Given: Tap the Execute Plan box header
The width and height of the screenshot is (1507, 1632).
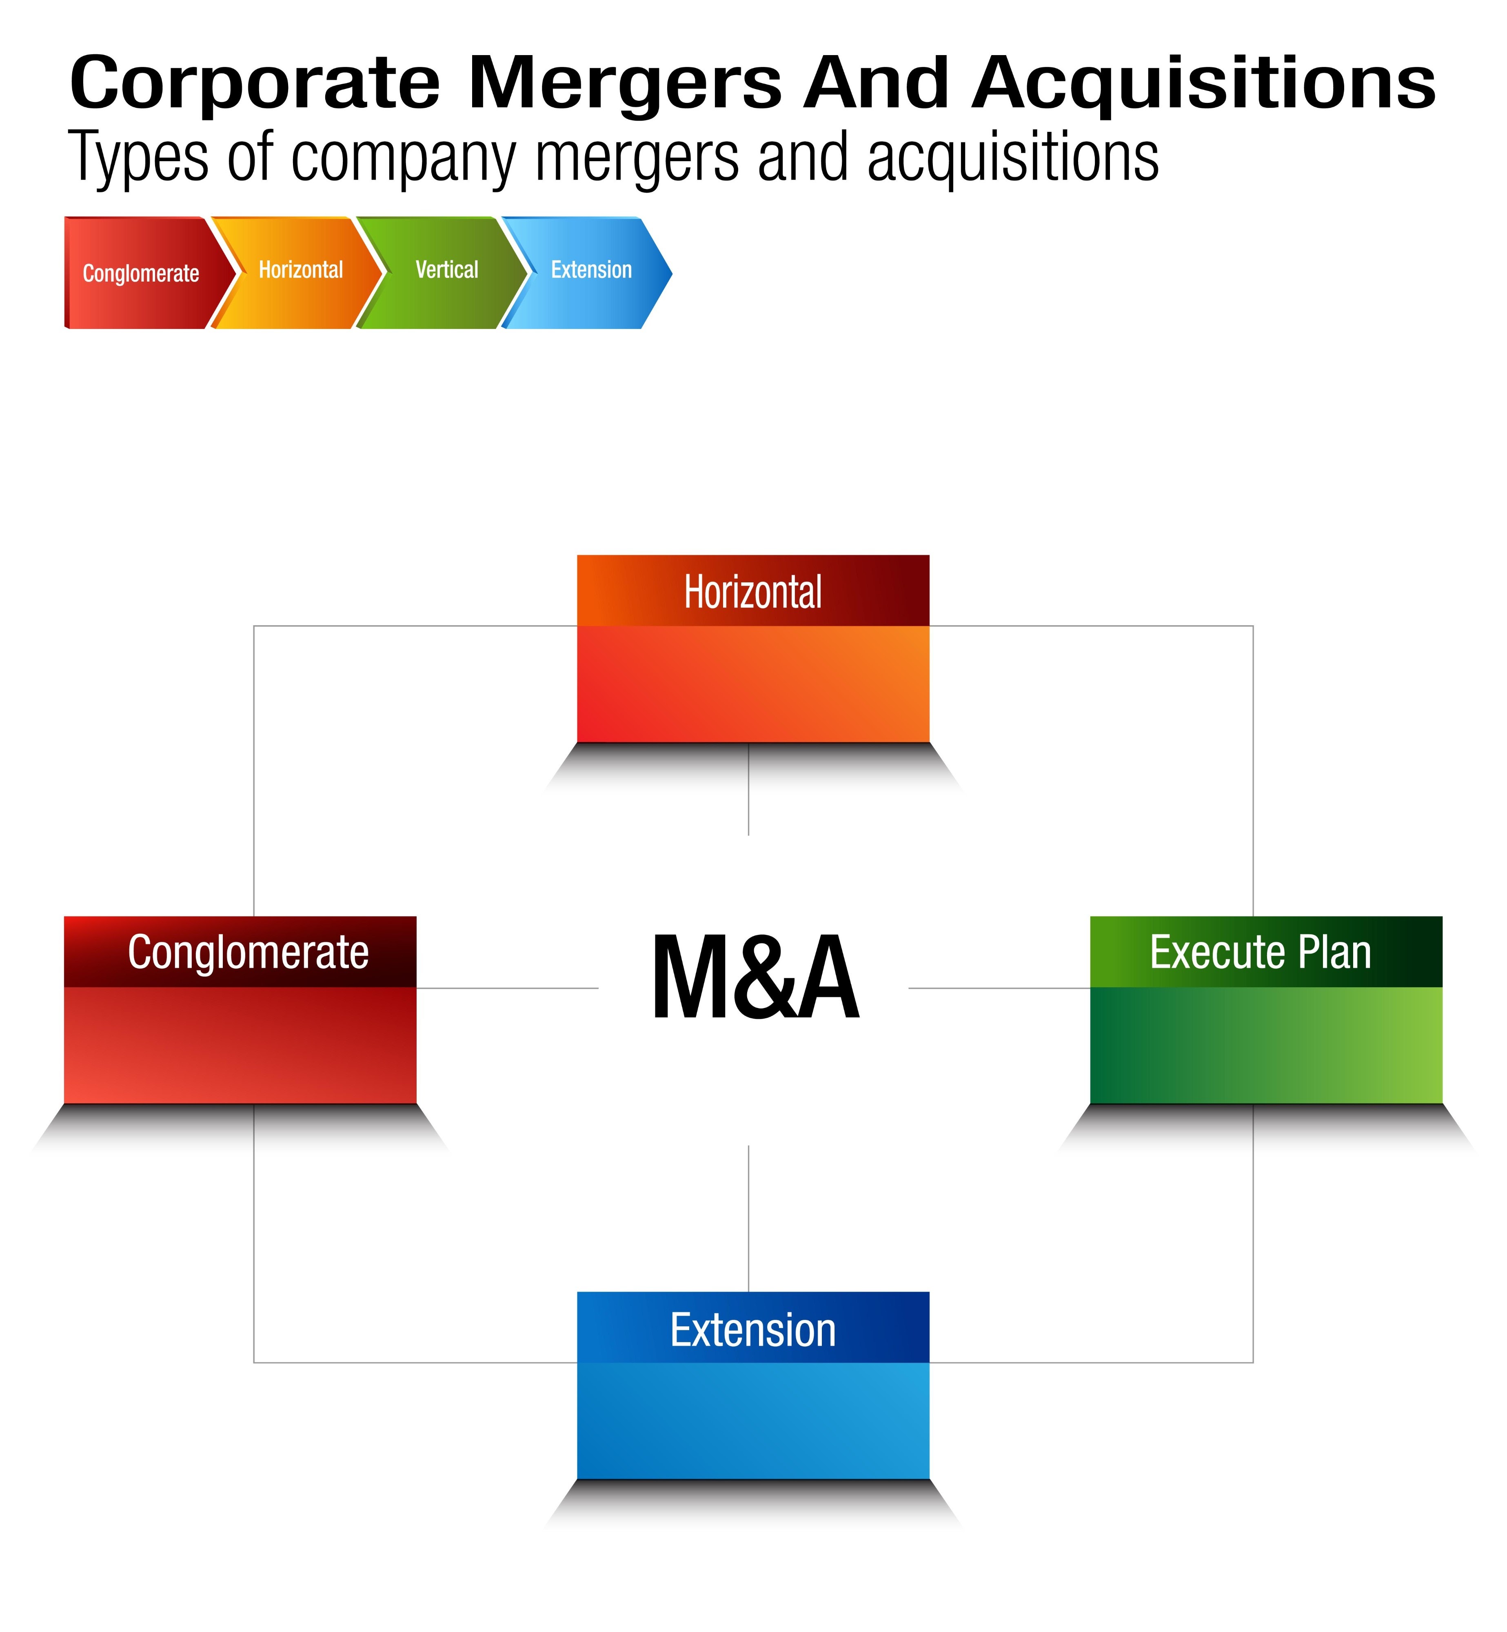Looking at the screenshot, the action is tap(1265, 952).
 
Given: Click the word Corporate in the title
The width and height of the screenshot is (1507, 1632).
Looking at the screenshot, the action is tap(254, 83).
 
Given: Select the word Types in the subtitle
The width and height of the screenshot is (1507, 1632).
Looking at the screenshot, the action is tap(139, 157).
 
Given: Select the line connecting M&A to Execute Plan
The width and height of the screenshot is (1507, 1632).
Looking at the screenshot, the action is tap(999, 988).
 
